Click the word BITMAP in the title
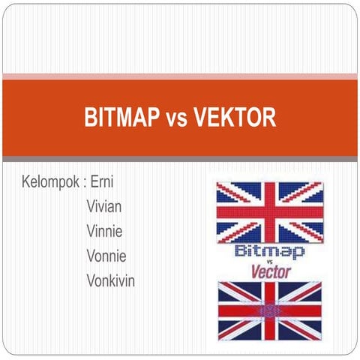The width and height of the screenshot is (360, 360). pos(119,118)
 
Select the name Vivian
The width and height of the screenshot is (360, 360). pos(104,206)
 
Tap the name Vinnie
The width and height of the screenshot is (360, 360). pos(105,231)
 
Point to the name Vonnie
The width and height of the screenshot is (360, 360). pos(106,256)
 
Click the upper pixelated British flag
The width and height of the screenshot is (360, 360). pos(269,211)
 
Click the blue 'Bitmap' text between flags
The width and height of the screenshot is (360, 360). pos(269,250)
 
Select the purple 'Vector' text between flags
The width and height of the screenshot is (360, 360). pos(270,271)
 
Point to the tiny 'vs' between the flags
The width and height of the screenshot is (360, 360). pos(269,262)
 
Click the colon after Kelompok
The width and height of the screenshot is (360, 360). pos(85,183)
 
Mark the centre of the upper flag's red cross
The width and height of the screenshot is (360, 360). pos(269,211)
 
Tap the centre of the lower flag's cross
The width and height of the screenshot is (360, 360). pos(268,310)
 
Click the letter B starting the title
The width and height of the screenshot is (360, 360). pos(90,118)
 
